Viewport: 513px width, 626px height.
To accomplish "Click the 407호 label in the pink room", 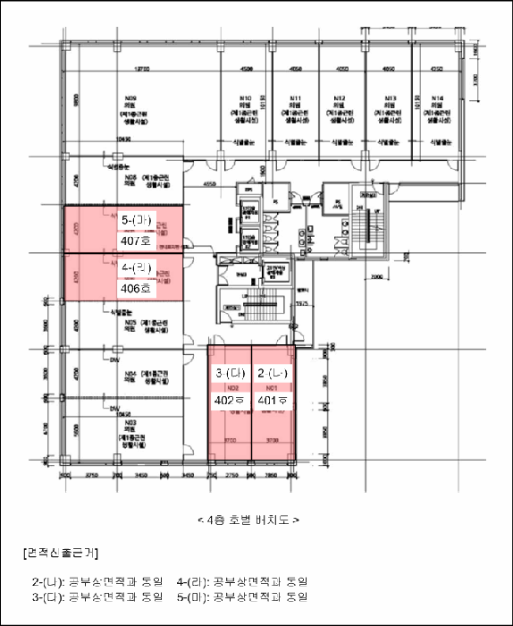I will click(138, 241).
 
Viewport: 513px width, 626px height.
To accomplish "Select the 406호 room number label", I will click(138, 289).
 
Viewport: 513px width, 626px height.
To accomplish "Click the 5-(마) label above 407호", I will click(138, 218).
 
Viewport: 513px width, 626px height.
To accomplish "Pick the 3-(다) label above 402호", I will click(230, 373).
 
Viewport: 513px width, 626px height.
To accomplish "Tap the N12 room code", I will click(339, 97).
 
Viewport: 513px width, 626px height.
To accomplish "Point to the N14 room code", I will click(437, 97).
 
